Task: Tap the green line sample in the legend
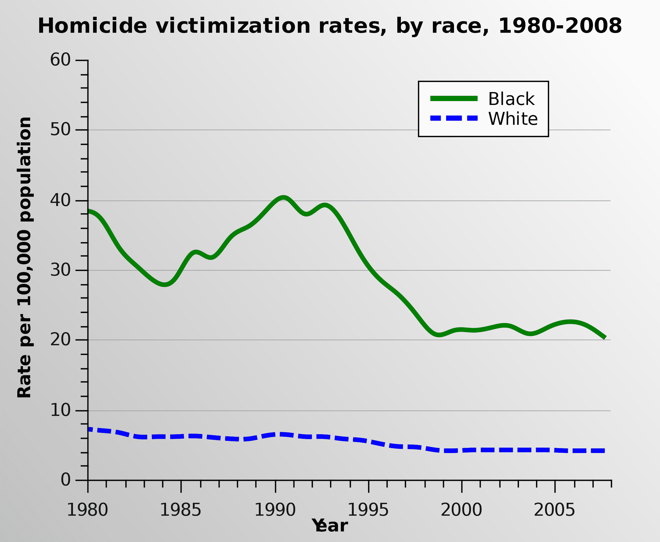pos(454,99)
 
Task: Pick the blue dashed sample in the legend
pos(454,118)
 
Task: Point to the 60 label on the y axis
pos(60,60)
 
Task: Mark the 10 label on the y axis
pos(60,410)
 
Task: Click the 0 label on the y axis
pos(65,480)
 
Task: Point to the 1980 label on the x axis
pos(87,510)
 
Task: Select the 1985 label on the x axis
pos(180,510)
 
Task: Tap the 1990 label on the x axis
pos(275,510)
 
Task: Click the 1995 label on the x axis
pos(368,510)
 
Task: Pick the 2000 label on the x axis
pos(461,510)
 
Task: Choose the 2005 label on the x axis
pos(555,510)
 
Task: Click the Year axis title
pos(330,526)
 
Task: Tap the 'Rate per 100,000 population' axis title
pos(24,258)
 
